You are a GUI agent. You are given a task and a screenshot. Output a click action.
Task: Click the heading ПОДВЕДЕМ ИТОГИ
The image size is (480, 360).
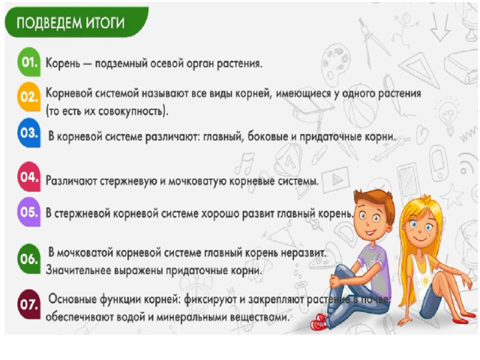pyautogui.click(x=70, y=23)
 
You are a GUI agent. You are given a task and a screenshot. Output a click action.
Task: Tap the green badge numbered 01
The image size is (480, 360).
pyautogui.click(x=28, y=61)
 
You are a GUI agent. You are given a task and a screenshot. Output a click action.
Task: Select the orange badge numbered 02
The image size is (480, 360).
pyautogui.click(x=28, y=97)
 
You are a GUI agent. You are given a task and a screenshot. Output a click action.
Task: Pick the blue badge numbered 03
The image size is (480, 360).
pyautogui.click(x=28, y=133)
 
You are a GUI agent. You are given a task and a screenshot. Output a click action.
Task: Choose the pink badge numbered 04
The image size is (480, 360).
pyautogui.click(x=28, y=177)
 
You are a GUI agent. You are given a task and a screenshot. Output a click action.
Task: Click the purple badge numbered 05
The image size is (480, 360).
pyautogui.click(x=28, y=211)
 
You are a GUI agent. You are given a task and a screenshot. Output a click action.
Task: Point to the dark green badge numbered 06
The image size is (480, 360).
pyautogui.click(x=28, y=259)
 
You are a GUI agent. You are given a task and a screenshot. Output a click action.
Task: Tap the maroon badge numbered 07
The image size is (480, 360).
pyautogui.click(x=28, y=304)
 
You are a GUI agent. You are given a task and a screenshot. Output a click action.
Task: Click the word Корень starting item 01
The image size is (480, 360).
pyautogui.click(x=62, y=63)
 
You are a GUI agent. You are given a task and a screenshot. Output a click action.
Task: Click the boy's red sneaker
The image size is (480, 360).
pyautogui.click(x=320, y=322)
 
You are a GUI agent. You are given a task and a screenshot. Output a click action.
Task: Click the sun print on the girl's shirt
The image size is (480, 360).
pyautogui.click(x=425, y=280)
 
